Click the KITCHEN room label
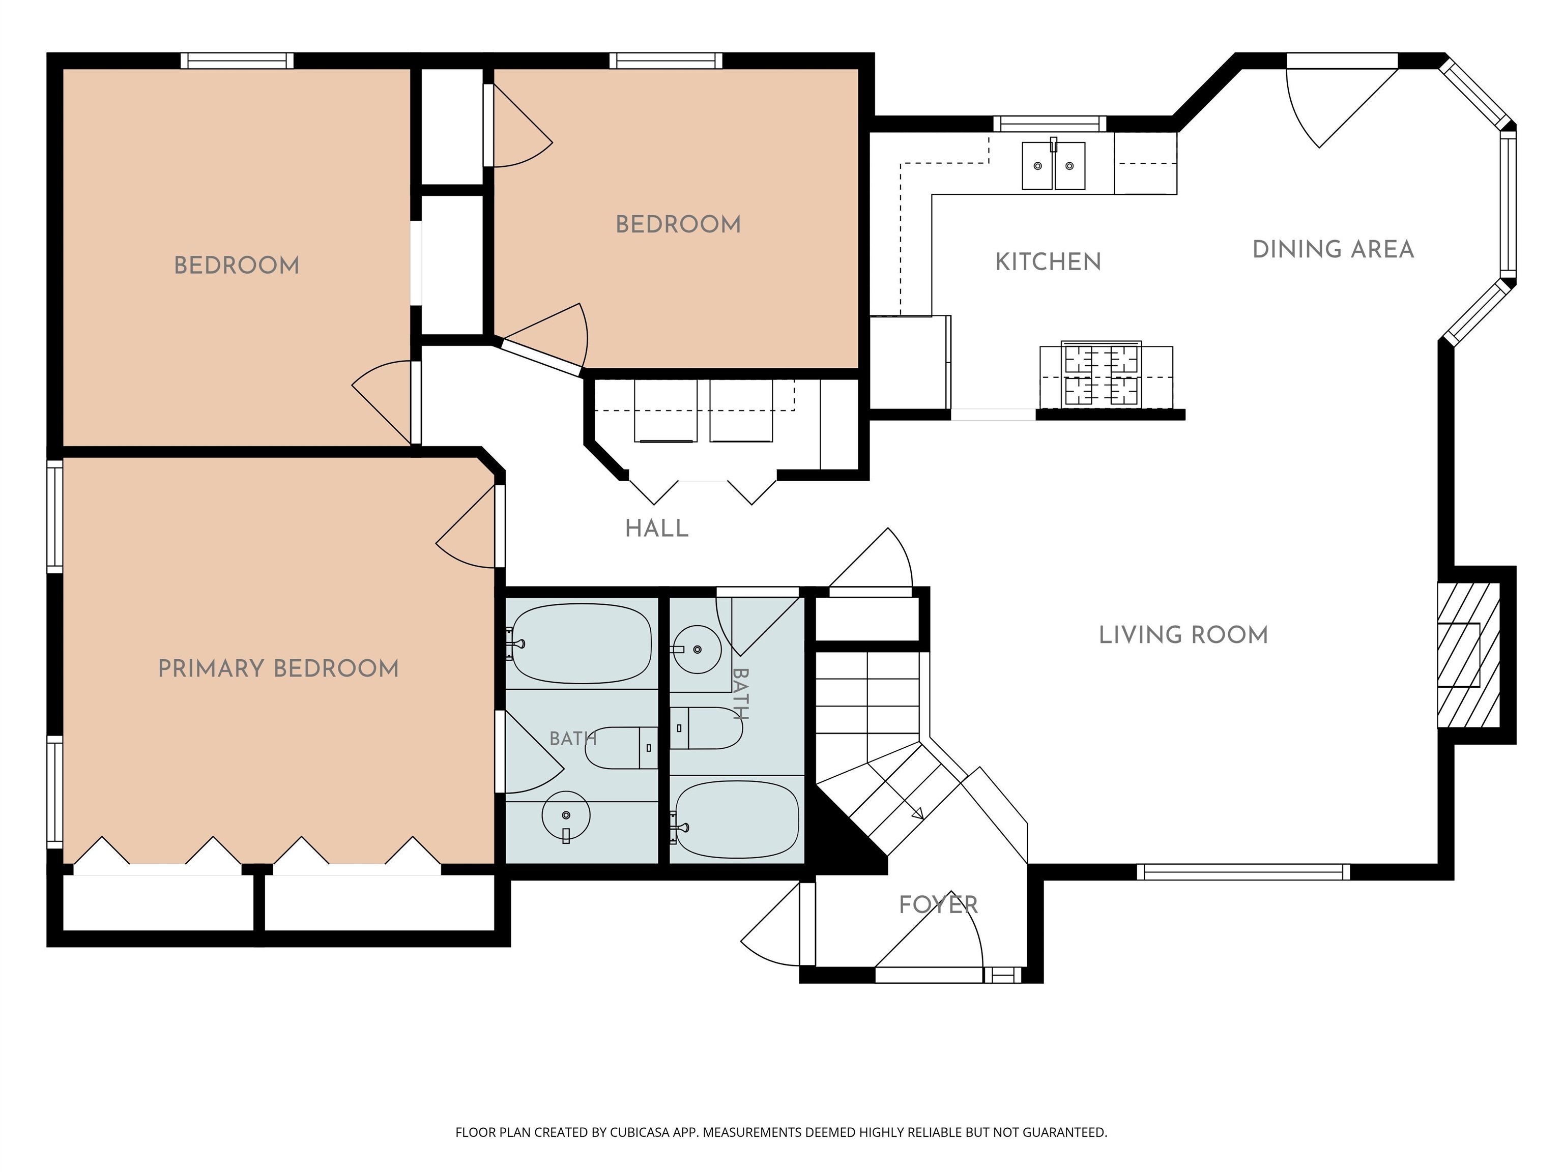(x=1048, y=262)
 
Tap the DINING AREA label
(x=1333, y=249)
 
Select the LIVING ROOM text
(x=1183, y=635)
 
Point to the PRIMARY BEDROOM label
(x=278, y=668)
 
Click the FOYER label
(x=938, y=905)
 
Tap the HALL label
(x=656, y=529)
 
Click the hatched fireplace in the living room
(x=1468, y=655)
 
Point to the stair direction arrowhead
(x=918, y=814)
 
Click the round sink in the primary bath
(x=566, y=814)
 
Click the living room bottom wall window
(x=1243, y=872)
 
